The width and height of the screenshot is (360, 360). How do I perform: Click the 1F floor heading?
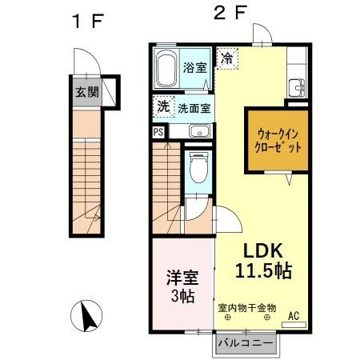83,22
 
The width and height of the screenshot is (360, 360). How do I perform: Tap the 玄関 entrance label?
87,91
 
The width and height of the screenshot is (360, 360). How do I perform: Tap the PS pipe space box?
158,131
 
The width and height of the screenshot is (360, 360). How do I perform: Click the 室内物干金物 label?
246,306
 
